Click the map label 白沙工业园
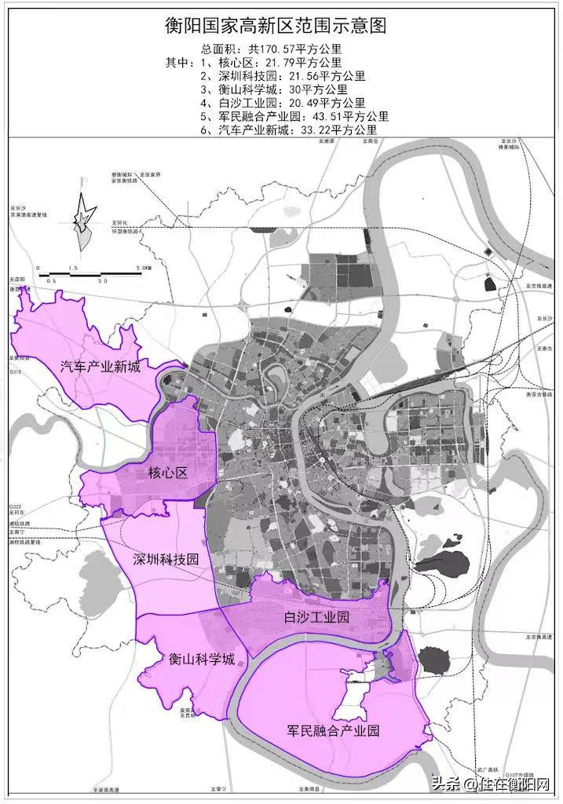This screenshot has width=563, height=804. point(316,617)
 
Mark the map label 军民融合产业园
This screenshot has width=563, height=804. point(333,730)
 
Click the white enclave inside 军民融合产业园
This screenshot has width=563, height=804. point(356,695)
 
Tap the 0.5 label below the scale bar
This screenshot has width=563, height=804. point(51,280)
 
